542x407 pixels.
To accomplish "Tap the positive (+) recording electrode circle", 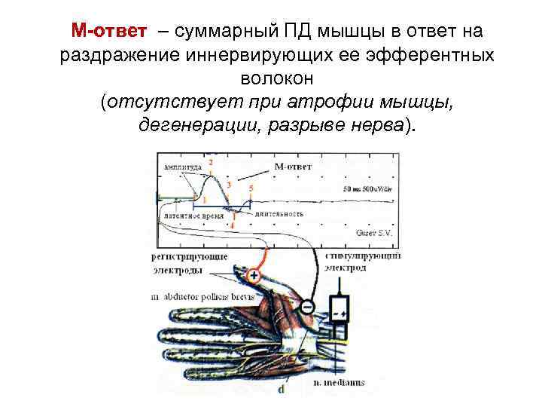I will (x=254, y=277).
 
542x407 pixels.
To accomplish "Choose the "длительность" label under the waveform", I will (x=278, y=215).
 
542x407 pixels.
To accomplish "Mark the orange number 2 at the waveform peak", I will (x=211, y=161).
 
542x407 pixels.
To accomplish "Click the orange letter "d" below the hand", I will (x=281, y=389).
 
